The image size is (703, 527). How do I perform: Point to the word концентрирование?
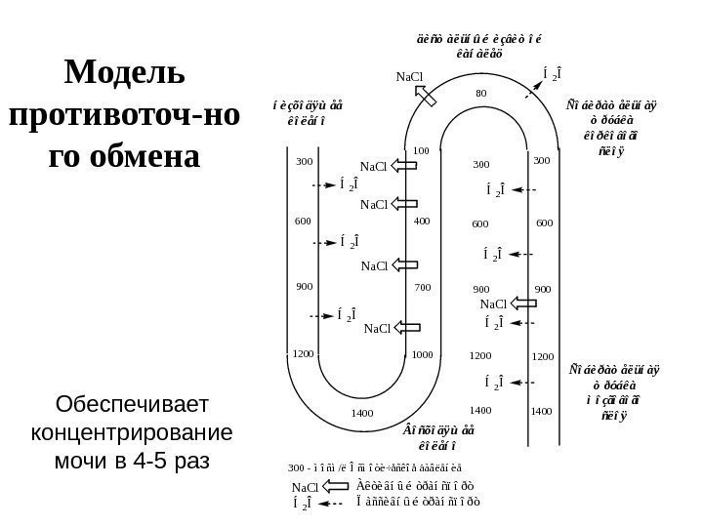124,430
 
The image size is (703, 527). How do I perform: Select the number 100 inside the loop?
422,150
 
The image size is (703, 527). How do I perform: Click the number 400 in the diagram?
422,222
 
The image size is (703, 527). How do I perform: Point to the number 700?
422,289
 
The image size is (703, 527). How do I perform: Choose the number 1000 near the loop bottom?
422,355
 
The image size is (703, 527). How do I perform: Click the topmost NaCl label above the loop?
410,76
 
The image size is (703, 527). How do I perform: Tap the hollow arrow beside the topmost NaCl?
427,94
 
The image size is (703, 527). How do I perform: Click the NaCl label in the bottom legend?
306,486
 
